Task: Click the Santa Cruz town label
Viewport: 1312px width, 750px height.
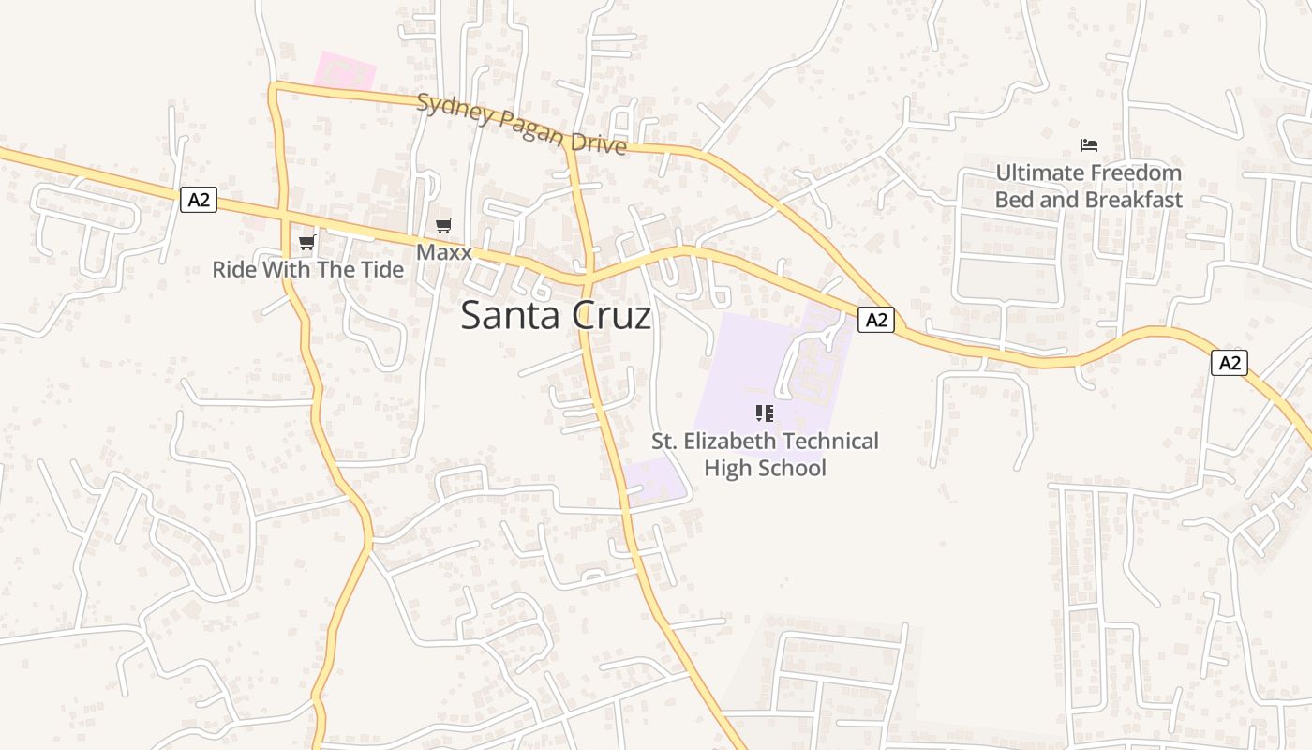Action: tap(556, 316)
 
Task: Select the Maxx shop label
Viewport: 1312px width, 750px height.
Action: tap(444, 252)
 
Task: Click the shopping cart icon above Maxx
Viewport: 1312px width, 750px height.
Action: tap(444, 225)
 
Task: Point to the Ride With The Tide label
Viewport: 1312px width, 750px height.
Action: tap(307, 270)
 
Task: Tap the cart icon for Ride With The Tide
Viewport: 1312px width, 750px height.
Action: tap(306, 243)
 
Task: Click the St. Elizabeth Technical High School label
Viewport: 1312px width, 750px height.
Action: tap(765, 455)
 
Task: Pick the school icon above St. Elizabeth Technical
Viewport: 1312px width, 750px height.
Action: tap(765, 412)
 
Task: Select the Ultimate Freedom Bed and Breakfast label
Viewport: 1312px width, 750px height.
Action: tap(1088, 186)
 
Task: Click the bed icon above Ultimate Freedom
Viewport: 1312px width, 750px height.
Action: tap(1088, 145)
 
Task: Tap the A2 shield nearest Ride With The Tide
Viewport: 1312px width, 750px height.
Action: tap(199, 199)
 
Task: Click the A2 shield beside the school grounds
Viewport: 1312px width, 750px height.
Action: tap(875, 320)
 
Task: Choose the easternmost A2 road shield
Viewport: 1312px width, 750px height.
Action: tap(1230, 363)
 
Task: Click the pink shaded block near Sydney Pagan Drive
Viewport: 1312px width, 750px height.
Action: tap(345, 71)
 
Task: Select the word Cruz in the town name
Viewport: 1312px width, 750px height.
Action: tap(609, 316)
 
